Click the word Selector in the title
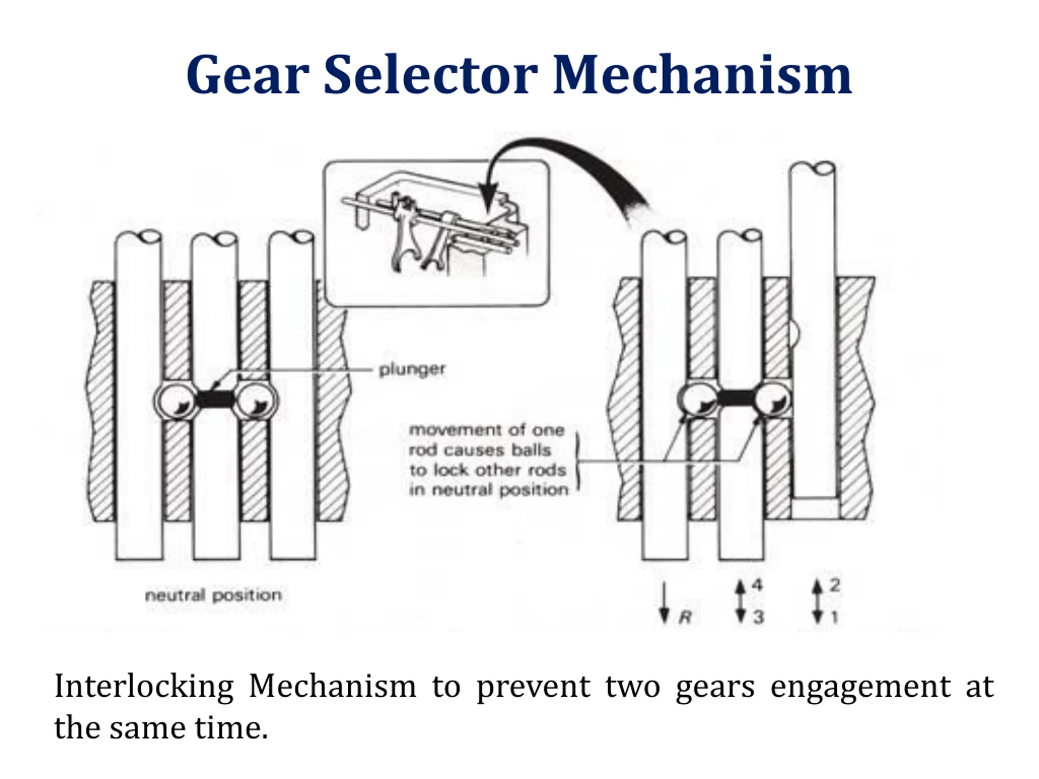(430, 75)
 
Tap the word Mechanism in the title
(702, 75)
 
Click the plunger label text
(412, 370)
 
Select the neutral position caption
(213, 595)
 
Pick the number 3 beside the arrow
(758, 617)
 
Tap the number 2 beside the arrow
(834, 585)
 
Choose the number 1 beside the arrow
(834, 617)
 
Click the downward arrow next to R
(664, 603)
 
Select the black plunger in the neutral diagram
(215, 400)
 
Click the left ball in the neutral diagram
(175, 401)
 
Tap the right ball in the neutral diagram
(256, 401)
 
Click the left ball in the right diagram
(698, 400)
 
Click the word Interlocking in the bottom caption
(144, 686)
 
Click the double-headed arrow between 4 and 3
(741, 602)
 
